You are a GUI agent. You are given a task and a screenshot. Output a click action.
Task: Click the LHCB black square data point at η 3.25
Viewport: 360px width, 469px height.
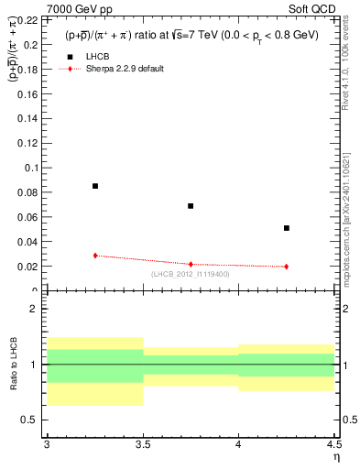coord(95,186)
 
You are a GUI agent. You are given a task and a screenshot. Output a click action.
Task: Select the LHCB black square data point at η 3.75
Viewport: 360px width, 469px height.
coord(191,206)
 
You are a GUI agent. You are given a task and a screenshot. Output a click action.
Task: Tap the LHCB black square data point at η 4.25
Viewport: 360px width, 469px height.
coord(287,228)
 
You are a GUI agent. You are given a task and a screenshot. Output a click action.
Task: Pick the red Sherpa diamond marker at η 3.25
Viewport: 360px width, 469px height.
coord(95,256)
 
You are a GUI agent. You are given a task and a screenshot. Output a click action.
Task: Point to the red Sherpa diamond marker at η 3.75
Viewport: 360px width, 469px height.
coord(191,264)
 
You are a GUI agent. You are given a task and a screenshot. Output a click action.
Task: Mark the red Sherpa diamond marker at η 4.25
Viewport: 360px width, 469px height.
coord(287,267)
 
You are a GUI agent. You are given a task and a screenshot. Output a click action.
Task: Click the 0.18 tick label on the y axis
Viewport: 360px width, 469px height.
coord(27,70)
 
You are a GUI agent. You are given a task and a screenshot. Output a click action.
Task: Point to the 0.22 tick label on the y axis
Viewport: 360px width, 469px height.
coord(27,20)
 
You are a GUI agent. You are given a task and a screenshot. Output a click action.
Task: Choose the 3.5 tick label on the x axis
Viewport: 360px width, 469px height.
coord(142,444)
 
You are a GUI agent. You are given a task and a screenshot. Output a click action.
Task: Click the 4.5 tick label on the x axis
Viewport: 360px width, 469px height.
coord(333,444)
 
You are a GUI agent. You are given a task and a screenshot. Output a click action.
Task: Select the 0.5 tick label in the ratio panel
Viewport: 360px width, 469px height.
coord(30,420)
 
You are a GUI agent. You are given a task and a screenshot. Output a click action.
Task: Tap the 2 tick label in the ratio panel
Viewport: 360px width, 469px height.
coord(35,310)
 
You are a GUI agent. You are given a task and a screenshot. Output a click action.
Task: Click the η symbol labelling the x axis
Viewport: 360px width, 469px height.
coord(335,456)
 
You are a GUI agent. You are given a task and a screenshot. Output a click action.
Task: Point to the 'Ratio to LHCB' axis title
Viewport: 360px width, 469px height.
coord(12,365)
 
